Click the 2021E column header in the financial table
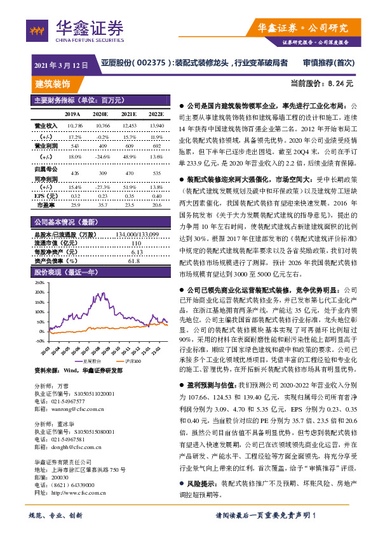point(128,114)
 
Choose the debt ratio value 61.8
point(134,260)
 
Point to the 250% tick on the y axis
point(39,282)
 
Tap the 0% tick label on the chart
point(41,330)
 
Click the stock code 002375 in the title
point(153,63)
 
